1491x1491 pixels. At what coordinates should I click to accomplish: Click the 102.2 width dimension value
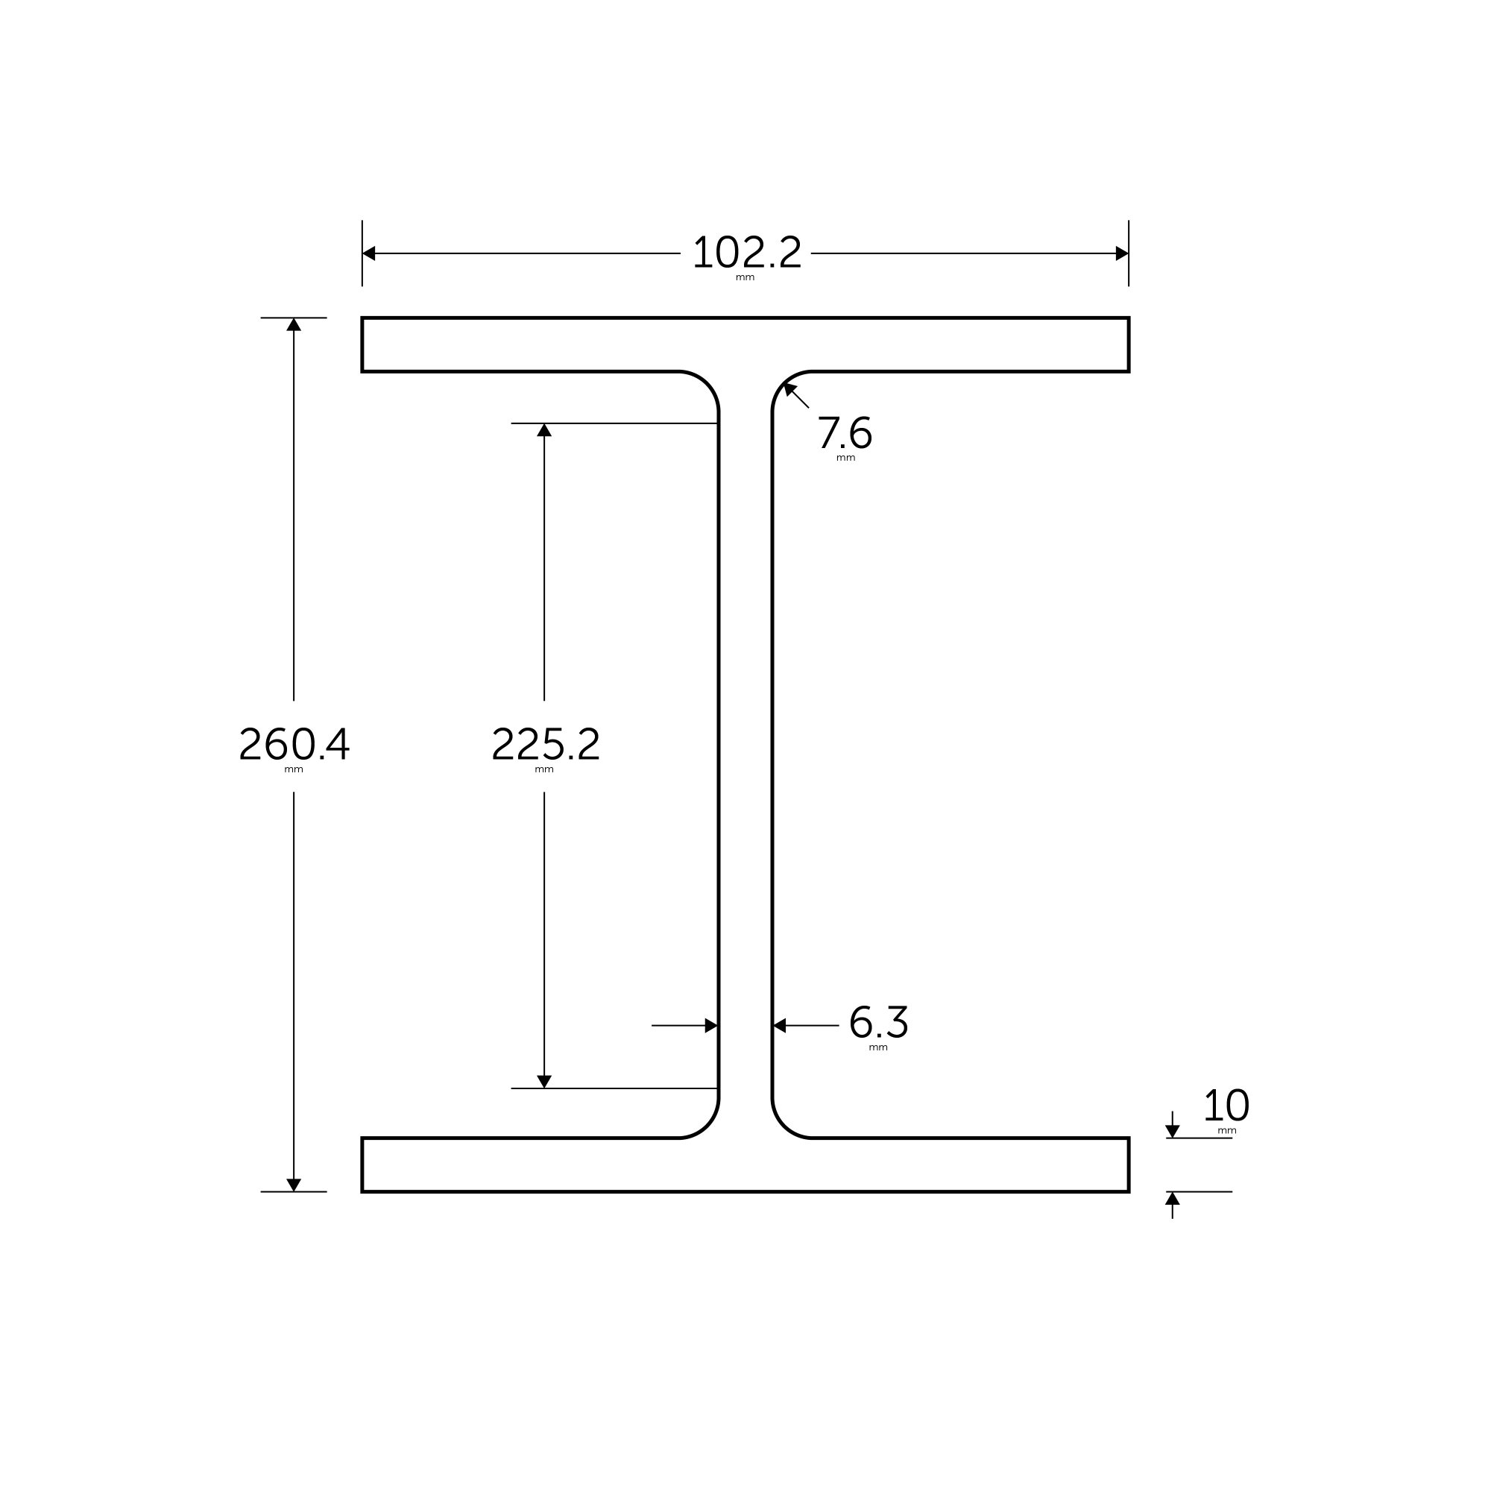(747, 253)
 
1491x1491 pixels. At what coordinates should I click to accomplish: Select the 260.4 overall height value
(294, 744)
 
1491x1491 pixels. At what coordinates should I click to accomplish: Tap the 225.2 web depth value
(545, 744)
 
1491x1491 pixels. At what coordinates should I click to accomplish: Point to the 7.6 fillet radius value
(845, 432)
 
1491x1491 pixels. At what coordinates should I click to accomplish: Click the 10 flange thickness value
(1226, 1106)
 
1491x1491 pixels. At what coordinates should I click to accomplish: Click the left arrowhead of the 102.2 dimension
(369, 253)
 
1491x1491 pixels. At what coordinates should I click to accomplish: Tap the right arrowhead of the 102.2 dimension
(1121, 253)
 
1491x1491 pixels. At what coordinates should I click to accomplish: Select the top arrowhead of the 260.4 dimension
(294, 325)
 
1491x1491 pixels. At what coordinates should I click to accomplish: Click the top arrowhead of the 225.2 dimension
(544, 430)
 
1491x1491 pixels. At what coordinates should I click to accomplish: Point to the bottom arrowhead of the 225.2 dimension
(544, 1081)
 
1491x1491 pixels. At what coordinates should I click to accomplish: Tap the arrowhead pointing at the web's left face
(710, 1026)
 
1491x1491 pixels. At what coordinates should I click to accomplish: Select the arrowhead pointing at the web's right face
(780, 1026)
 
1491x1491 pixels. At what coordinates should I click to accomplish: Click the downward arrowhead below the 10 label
(1172, 1132)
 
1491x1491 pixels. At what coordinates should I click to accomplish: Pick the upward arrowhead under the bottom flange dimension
(1172, 1199)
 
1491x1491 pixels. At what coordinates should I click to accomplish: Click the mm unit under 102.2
(745, 278)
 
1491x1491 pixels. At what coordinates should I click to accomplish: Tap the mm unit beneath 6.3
(877, 1048)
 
